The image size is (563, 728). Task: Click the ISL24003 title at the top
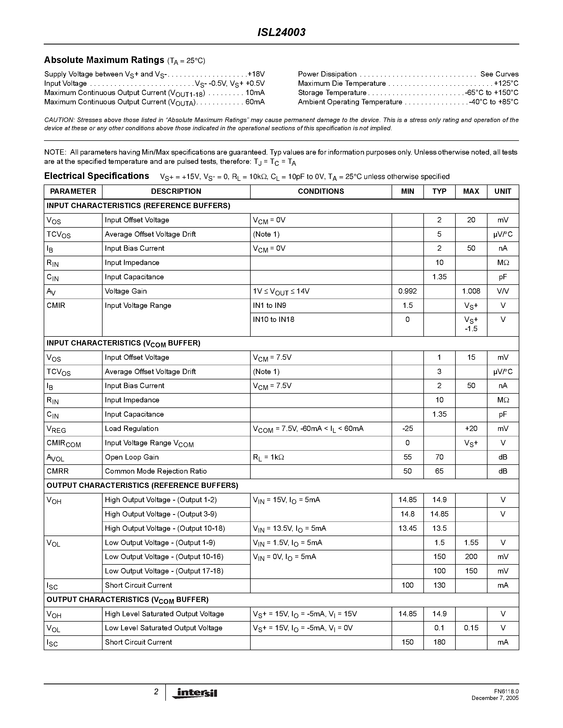tap(281, 32)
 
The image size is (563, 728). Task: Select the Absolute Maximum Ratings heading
tap(104, 60)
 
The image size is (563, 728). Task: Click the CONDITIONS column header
tap(321, 191)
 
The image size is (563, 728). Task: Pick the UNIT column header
tap(503, 191)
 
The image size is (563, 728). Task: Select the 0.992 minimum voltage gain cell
tap(407, 291)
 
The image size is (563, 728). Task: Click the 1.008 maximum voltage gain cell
tap(471, 291)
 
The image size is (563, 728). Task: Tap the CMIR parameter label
tap(56, 305)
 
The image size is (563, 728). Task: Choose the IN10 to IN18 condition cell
tap(273, 320)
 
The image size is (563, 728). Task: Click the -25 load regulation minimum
tap(407, 429)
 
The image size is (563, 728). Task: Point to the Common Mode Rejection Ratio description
tap(156, 471)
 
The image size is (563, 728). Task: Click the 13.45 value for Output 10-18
tap(407, 528)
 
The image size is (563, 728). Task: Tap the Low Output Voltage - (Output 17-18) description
tap(164, 571)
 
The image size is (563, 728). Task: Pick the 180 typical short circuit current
tap(439, 642)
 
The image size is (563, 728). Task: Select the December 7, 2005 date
tap(495, 698)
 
